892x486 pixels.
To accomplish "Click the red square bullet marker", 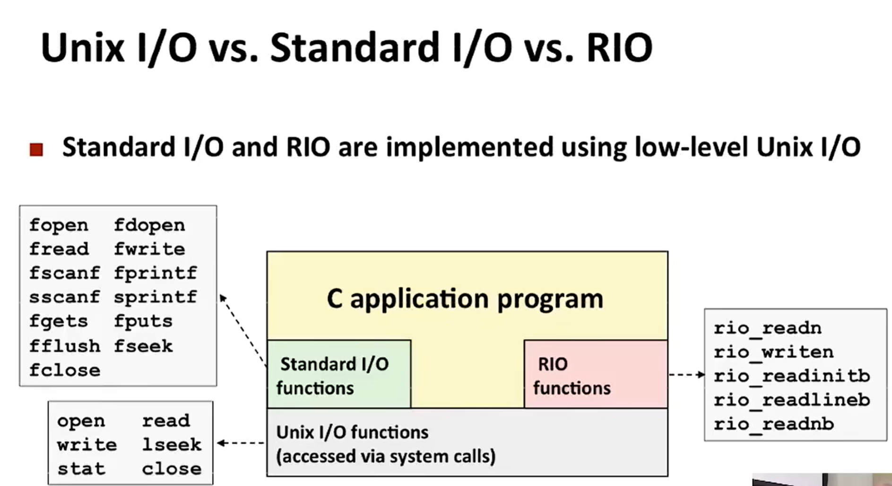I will [36, 150].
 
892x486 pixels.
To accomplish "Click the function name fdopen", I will [149, 225].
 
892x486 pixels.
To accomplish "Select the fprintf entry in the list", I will [155, 273].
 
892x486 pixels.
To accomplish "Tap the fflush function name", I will [65, 346].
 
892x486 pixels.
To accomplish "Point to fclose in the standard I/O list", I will [65, 371].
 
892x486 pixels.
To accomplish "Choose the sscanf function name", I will [65, 297].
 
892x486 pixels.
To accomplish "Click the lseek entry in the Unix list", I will [172, 445].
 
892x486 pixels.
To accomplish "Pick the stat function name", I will [81, 469].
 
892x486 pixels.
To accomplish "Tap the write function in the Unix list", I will [87, 445].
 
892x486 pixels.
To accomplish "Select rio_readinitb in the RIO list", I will [792, 376].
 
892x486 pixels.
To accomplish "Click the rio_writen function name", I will [774, 352].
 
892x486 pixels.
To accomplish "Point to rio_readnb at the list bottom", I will [774, 424].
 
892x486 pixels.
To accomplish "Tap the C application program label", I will [465, 299].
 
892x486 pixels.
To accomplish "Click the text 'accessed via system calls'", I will [386, 457].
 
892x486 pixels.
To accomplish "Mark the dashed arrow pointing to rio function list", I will [686, 375].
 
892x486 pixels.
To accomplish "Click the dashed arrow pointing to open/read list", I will [241, 443].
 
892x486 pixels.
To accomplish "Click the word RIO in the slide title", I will [619, 48].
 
